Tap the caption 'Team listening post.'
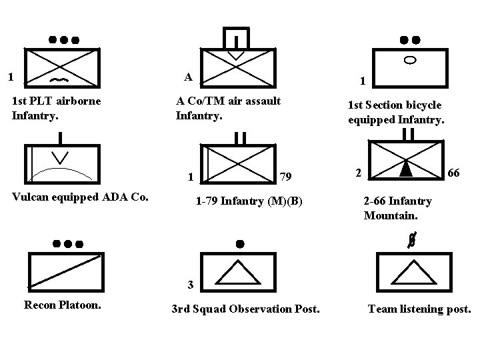click(419, 309)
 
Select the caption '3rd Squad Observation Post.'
click(245, 309)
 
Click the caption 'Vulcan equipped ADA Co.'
click(79, 197)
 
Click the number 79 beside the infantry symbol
click(285, 177)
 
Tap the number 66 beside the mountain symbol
click(453, 173)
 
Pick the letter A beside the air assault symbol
click(189, 77)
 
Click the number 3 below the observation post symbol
click(190, 285)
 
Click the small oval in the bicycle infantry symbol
click(411, 60)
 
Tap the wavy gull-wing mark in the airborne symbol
click(59, 79)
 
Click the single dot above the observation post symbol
click(240, 244)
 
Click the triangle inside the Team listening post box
click(411, 272)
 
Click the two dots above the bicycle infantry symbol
click(410, 39)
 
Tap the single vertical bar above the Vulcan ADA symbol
click(61, 138)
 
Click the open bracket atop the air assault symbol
click(236, 37)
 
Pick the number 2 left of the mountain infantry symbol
click(358, 173)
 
